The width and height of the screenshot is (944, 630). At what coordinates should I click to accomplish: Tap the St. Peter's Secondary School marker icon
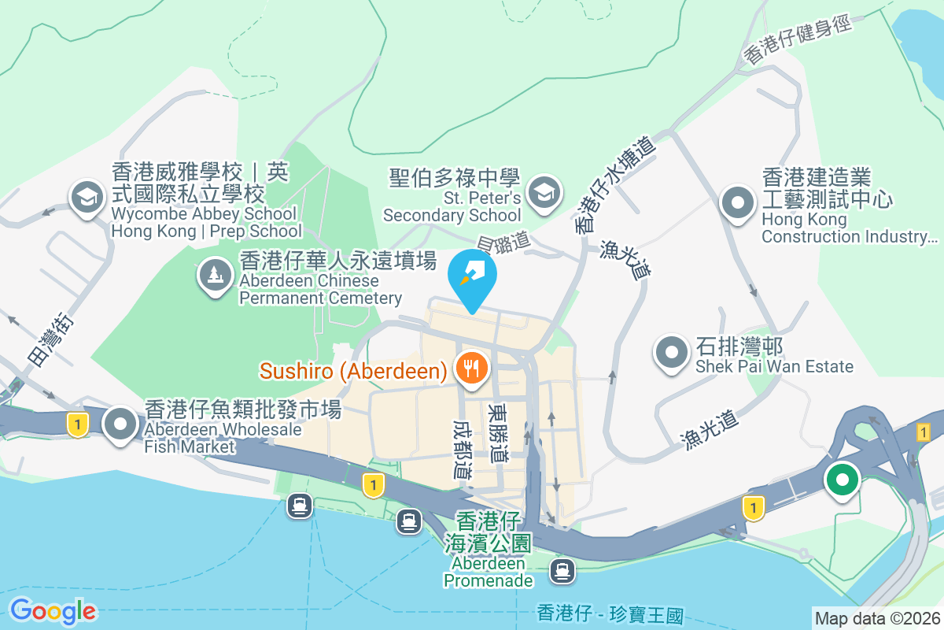click(543, 191)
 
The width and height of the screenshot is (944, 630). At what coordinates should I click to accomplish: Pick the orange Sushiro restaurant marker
click(471, 367)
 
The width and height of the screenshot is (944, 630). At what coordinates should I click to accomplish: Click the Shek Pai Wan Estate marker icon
click(671, 350)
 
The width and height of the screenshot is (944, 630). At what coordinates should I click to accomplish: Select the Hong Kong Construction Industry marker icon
click(738, 202)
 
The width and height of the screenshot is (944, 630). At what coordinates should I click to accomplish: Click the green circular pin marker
click(843, 479)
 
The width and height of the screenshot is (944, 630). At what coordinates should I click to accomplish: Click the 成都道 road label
click(462, 449)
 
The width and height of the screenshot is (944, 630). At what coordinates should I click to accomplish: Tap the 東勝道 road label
click(498, 433)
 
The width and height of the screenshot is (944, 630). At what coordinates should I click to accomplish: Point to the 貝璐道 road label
click(503, 243)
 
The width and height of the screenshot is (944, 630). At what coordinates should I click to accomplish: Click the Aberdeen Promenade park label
click(489, 551)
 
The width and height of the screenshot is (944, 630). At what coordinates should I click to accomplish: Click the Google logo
click(53, 611)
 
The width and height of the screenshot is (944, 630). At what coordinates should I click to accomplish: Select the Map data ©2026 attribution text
click(877, 619)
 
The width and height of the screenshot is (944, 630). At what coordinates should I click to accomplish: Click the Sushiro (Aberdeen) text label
click(354, 369)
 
